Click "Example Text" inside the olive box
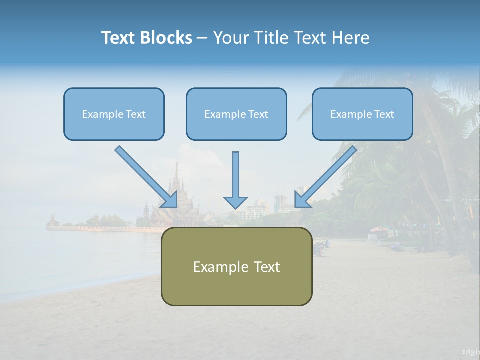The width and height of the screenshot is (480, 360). pyautogui.click(x=236, y=267)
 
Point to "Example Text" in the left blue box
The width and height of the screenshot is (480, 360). pyautogui.click(x=114, y=114)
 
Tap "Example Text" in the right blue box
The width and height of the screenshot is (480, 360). pyautogui.click(x=362, y=114)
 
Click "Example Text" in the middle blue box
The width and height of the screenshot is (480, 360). pyautogui.click(x=236, y=114)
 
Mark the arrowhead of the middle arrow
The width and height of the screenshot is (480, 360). pyautogui.click(x=235, y=202)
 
